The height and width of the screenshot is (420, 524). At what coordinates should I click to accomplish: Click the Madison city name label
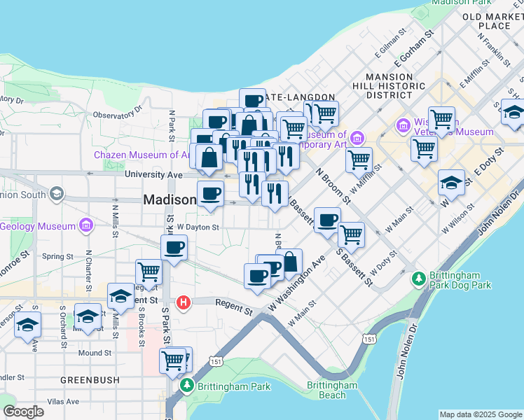tap(170, 199)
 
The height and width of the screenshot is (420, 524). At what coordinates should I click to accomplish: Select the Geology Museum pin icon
tap(86, 226)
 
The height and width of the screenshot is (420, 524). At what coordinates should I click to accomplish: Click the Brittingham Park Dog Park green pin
tap(418, 279)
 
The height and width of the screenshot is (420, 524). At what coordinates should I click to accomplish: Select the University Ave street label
tap(153, 174)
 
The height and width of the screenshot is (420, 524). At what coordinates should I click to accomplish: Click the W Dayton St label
tap(198, 227)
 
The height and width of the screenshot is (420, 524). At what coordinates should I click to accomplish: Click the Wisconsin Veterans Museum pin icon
tap(403, 126)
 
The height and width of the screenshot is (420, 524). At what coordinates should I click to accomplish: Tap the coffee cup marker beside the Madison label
tap(209, 193)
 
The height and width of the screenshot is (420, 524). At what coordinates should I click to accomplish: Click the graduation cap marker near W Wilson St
tap(451, 182)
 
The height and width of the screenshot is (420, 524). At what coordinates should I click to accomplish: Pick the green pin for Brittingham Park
tap(187, 386)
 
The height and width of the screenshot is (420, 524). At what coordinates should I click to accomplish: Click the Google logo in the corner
tap(23, 412)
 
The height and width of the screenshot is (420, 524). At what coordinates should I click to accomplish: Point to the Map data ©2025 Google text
tap(481, 414)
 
